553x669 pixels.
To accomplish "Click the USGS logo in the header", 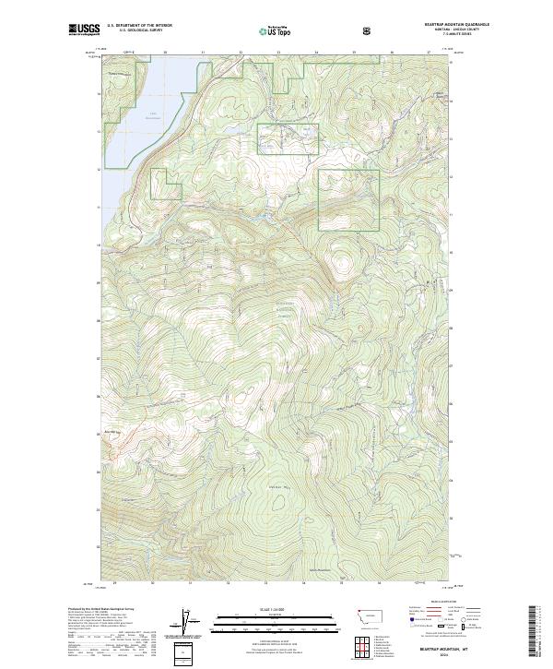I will click(84, 30).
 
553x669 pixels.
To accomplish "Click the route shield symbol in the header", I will click(369, 30).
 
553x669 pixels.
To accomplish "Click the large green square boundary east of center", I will click(348, 199).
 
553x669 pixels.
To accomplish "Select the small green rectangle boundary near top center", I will click(288, 139).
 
